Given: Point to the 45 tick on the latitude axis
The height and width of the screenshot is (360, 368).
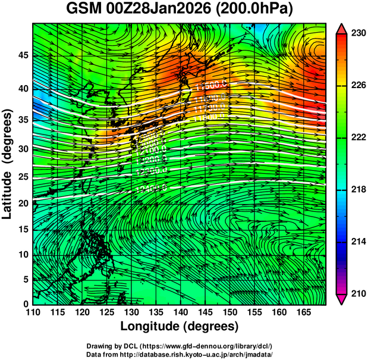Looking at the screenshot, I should point(22,56).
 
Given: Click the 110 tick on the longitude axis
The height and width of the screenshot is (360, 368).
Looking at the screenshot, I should point(33,312).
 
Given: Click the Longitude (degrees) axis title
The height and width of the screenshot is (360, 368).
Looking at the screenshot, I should point(180,326).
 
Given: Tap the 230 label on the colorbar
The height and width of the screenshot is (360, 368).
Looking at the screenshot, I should point(357,33).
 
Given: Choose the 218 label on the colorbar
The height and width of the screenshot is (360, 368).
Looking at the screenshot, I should point(357,190).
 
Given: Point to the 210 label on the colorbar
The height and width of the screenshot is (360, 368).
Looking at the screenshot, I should point(357,294).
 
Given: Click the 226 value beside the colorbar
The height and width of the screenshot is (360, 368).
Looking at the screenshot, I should point(357,86).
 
